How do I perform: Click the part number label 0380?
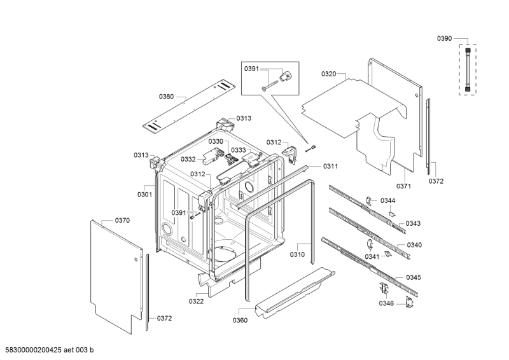(166, 97)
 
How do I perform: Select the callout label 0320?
(329, 74)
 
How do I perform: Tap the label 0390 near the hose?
(444, 38)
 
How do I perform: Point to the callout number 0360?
(240, 321)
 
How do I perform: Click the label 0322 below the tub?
(197, 301)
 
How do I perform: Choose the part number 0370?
(122, 221)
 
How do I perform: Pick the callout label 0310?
(297, 254)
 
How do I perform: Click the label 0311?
(330, 166)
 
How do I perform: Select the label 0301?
(145, 195)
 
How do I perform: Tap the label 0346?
(386, 303)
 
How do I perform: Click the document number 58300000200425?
(34, 350)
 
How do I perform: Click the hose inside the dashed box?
(468, 69)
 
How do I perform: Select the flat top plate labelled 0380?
(189, 107)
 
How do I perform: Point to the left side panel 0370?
(116, 277)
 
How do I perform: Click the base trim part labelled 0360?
(295, 291)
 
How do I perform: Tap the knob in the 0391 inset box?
(286, 76)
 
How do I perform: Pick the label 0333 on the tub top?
(239, 150)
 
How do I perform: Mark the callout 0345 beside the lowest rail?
(414, 277)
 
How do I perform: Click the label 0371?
(403, 186)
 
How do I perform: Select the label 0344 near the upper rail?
(388, 200)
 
